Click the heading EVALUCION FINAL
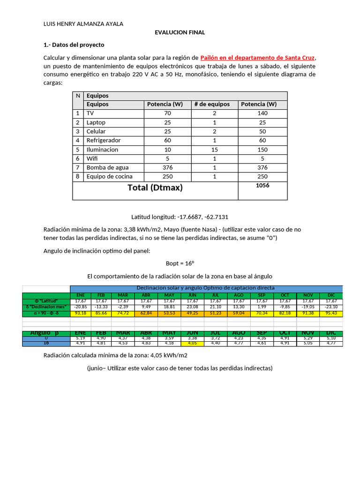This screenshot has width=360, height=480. (x=180, y=32)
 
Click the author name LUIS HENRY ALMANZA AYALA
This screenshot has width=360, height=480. (x=83, y=24)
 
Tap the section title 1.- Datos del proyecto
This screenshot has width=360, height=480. (x=74, y=45)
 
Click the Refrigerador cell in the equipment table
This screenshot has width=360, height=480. (x=104, y=141)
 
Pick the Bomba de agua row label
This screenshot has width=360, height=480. (x=107, y=167)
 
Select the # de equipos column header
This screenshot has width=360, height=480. (x=212, y=105)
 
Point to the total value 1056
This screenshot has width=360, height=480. (x=262, y=186)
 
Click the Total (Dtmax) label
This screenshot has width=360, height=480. (x=155, y=188)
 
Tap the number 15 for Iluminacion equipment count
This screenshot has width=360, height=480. (x=214, y=150)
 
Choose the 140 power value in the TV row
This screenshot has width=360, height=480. (x=262, y=113)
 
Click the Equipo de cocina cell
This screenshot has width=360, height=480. (x=109, y=177)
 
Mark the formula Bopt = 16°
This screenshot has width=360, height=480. (x=180, y=263)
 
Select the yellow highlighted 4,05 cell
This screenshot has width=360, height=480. (x=192, y=343)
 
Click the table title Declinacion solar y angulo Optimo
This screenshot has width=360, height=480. (x=205, y=288)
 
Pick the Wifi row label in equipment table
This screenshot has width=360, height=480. (x=92, y=158)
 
